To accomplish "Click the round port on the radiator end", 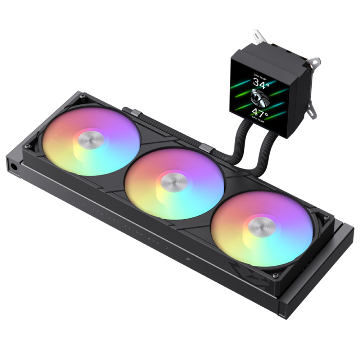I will (x=13, y=167).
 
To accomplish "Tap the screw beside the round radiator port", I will (x=27, y=146).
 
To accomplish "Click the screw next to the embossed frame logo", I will (x=275, y=275).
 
